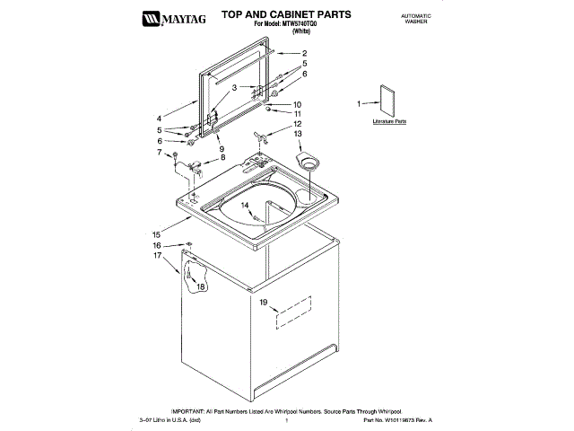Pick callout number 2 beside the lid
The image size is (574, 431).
click(x=304, y=54)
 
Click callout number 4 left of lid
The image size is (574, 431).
click(x=159, y=118)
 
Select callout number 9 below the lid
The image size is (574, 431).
click(x=221, y=148)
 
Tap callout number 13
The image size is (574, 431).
click(x=297, y=133)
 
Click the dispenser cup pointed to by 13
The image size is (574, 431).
click(x=310, y=163)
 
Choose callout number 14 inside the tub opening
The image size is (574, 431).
click(x=244, y=206)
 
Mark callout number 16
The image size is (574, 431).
click(x=156, y=245)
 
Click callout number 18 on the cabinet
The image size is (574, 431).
click(x=200, y=286)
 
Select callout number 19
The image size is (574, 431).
click(x=264, y=303)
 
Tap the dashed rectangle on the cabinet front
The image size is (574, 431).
click(x=292, y=309)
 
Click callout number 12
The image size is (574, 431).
click(x=297, y=123)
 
